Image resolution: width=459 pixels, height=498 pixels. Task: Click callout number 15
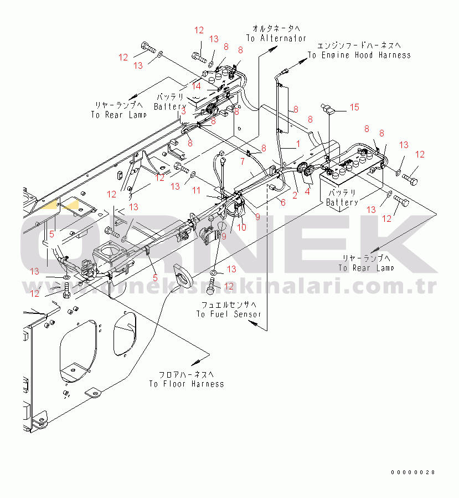354,106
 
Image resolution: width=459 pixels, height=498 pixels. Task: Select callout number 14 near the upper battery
196,86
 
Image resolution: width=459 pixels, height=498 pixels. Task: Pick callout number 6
283,203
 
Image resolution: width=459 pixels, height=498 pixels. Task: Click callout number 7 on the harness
242,161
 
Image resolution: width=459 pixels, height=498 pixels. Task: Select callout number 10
241,227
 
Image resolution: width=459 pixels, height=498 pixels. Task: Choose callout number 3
182,111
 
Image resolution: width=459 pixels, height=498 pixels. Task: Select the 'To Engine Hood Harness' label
359,55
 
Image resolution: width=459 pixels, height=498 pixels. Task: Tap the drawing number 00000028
412,472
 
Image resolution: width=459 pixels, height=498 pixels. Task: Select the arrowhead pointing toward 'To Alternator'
274,49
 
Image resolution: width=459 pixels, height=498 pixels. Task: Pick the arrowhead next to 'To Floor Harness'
195,362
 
